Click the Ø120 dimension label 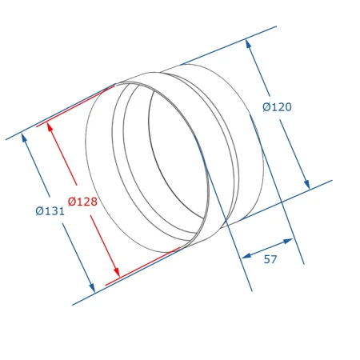point(277,107)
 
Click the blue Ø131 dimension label point(50,211)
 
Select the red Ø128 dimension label point(82,202)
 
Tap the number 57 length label point(270,259)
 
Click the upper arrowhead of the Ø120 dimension point(249,44)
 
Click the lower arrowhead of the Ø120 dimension point(306,184)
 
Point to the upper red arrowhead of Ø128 point(50,127)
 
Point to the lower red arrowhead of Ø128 point(117,272)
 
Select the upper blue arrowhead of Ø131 point(24,138)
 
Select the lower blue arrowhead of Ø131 point(92,288)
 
